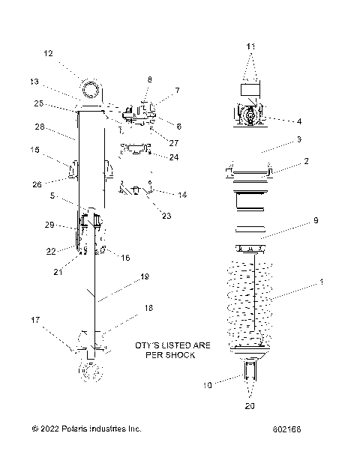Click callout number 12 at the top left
click(48, 53)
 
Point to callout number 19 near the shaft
click(145, 277)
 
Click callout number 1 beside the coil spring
click(322, 282)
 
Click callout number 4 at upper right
click(299, 121)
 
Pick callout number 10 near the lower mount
click(209, 384)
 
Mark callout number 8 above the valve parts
click(149, 79)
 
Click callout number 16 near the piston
click(124, 257)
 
